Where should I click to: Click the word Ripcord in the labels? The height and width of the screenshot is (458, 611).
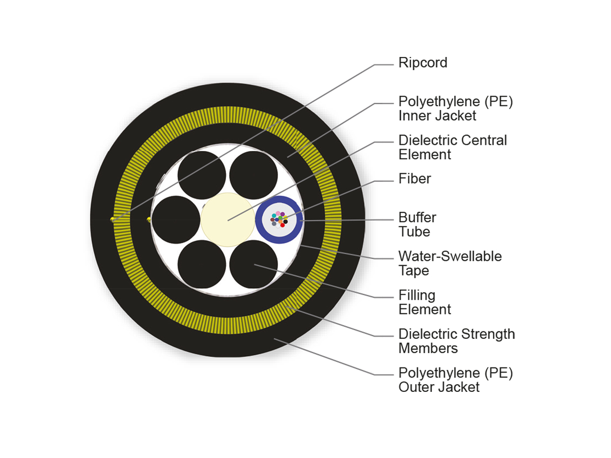point(423,63)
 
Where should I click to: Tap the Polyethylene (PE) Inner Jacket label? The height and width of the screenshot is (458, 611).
point(455,108)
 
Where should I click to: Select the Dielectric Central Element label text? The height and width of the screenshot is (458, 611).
point(452,147)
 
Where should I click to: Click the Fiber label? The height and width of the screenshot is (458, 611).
point(414,179)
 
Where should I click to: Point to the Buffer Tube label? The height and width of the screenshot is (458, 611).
point(417,224)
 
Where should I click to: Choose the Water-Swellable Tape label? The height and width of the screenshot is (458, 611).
point(450,263)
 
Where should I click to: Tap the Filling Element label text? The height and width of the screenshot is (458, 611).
point(424,302)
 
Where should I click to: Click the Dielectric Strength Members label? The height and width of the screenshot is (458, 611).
point(456,341)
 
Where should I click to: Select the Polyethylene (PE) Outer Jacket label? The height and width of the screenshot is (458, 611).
point(455,380)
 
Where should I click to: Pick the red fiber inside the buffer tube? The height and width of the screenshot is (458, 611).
point(283,225)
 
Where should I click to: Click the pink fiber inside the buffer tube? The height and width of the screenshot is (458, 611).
point(278,213)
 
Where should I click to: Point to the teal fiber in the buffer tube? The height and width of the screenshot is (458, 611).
point(274,216)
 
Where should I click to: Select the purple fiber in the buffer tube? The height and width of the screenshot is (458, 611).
point(283,214)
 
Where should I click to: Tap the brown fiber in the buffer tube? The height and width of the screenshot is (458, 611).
point(272,220)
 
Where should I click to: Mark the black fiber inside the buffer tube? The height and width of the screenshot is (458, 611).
point(286,221)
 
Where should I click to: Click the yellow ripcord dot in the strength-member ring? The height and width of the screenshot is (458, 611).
point(113,219)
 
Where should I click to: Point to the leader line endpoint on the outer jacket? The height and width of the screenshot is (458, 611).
point(274,338)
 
